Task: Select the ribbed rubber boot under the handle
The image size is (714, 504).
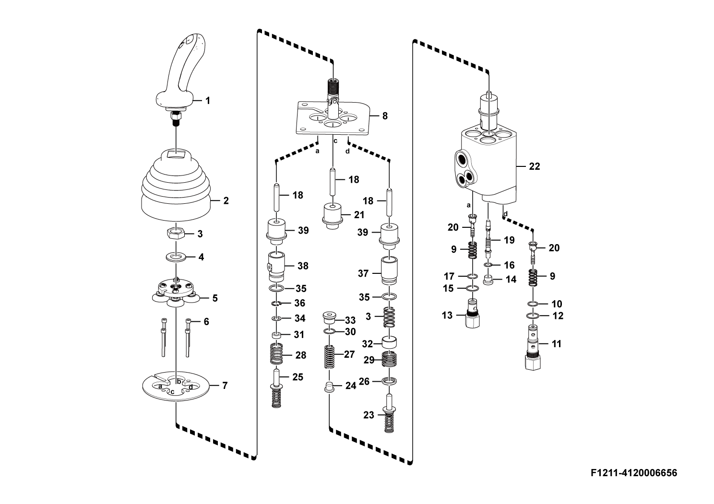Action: [176, 187]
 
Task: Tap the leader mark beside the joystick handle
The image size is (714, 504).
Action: [198, 101]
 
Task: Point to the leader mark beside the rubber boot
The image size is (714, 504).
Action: [216, 200]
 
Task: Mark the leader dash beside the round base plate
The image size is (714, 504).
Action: [215, 385]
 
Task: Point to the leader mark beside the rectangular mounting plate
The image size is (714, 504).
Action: [375, 116]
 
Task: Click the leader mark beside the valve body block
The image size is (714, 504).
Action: [522, 166]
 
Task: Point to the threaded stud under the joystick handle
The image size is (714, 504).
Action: [176, 115]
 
